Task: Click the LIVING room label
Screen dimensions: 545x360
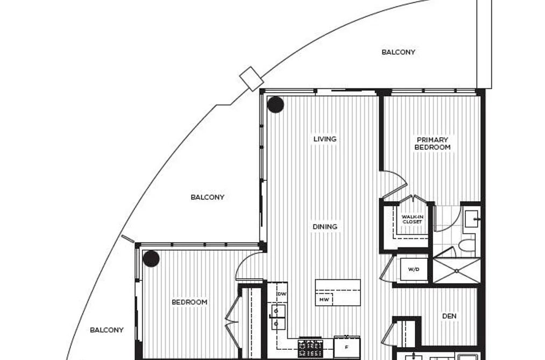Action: pyautogui.click(x=325, y=139)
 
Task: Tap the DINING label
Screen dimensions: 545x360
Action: pyautogui.click(x=325, y=227)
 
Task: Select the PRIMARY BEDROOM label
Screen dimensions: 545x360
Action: pyautogui.click(x=433, y=143)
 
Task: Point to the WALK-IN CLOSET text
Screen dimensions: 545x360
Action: pyautogui.click(x=412, y=219)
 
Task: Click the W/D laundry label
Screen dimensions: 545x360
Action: pyautogui.click(x=414, y=269)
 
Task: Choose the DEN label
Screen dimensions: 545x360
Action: pyautogui.click(x=449, y=316)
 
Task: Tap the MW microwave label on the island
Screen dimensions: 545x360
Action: pyautogui.click(x=324, y=300)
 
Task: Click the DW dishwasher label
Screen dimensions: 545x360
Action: pyautogui.click(x=282, y=294)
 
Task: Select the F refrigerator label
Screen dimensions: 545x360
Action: pyautogui.click(x=346, y=347)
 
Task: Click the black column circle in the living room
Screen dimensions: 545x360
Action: pyautogui.click(x=275, y=104)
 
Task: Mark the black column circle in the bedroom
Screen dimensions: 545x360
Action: pyautogui.click(x=151, y=259)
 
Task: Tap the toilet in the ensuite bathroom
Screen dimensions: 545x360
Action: pyautogui.click(x=466, y=245)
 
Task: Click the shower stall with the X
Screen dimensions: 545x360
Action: pyautogui.click(x=457, y=270)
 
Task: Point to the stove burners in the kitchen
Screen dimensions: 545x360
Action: pyautogui.click(x=310, y=349)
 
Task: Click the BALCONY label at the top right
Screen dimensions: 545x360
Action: pyautogui.click(x=398, y=52)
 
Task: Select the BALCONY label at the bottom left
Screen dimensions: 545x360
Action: pyautogui.click(x=107, y=330)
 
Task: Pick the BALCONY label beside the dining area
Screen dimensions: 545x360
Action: pyautogui.click(x=208, y=197)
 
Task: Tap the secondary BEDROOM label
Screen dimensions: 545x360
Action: pyautogui.click(x=189, y=302)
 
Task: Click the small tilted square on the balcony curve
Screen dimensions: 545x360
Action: pyautogui.click(x=252, y=79)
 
